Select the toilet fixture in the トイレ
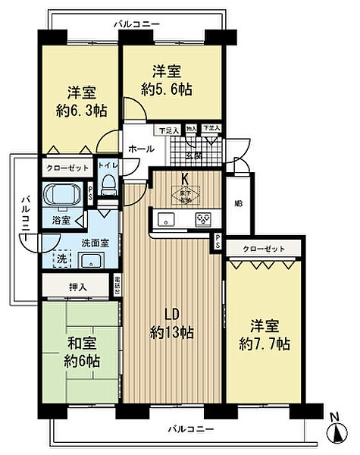pyautogui.click(x=108, y=184)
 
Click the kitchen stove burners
pyautogui.click(x=203, y=220)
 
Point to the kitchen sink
pyautogui.click(x=166, y=220)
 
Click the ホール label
pyautogui.click(x=138, y=149)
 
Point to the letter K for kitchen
pyautogui.click(x=184, y=179)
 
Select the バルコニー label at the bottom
pyautogui.click(x=190, y=429)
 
